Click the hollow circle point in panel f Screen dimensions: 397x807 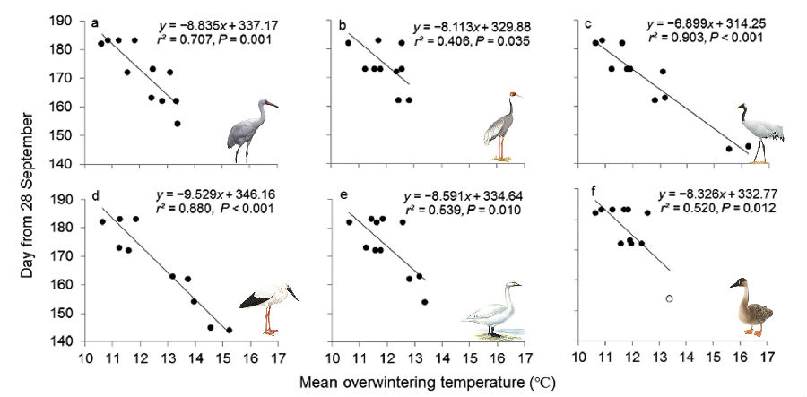point(670,298)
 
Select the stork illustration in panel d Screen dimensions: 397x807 point(268,305)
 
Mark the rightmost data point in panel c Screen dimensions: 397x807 point(748,146)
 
